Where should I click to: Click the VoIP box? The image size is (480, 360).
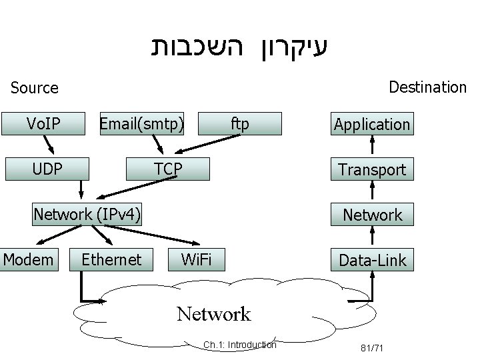click(43, 123)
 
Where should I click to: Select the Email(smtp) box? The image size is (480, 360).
click(141, 123)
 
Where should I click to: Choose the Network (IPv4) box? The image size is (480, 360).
click(87, 214)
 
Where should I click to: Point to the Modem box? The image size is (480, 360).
click(29, 259)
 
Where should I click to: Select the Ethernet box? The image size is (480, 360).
click(111, 259)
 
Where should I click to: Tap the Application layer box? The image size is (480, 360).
click(372, 124)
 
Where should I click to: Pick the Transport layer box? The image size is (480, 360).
click(372, 169)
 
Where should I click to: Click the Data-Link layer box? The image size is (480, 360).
click(372, 260)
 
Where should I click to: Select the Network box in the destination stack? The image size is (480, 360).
click(372, 215)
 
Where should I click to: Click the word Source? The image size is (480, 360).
click(35, 87)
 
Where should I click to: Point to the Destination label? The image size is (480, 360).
click(427, 87)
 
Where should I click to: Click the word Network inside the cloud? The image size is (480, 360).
click(213, 313)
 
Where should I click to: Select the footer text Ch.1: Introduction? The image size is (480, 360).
click(239, 345)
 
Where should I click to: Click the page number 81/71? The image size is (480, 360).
click(373, 347)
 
